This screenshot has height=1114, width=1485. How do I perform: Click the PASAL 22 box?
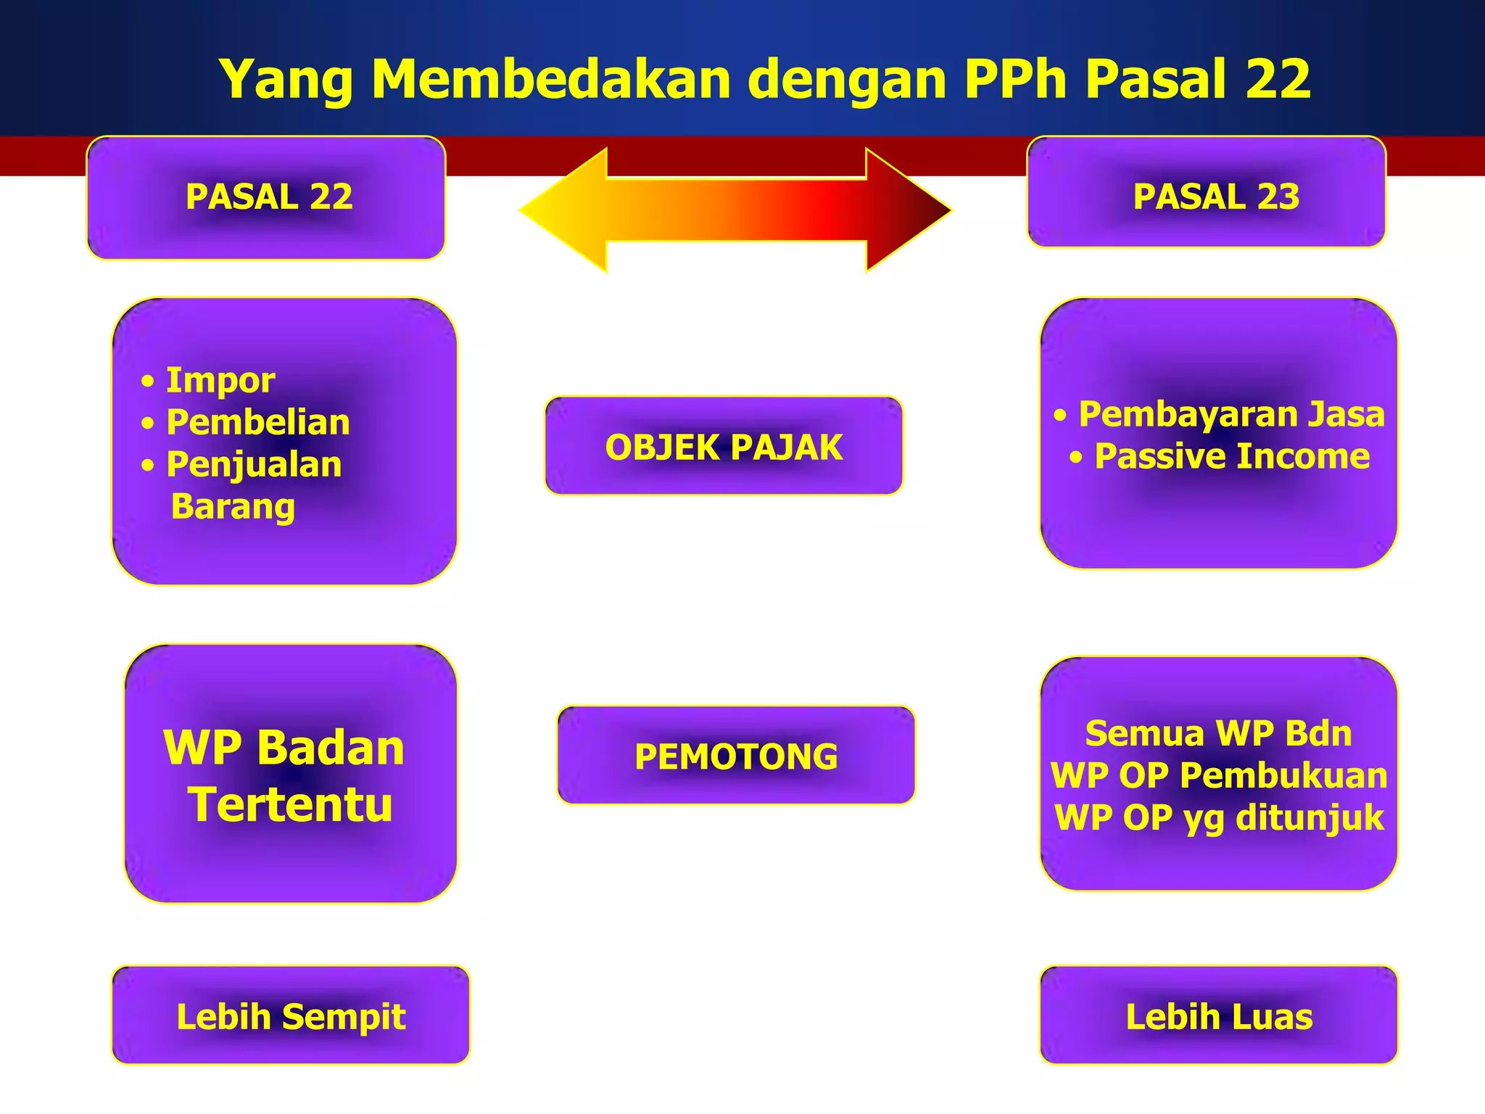point(266,197)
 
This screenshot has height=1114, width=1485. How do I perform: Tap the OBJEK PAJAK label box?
point(724,447)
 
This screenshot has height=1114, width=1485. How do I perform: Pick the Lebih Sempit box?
point(291,1016)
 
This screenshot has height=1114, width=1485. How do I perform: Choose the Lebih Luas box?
point(1219,1016)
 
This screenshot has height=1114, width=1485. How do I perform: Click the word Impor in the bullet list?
point(220,380)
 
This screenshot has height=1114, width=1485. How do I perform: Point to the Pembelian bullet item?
point(257,422)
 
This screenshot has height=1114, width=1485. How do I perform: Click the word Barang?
point(233,506)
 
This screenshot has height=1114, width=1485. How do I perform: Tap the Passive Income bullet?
point(1231,456)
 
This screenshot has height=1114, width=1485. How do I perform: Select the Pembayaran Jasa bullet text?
point(1231,414)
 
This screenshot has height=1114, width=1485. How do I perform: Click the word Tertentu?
point(291,804)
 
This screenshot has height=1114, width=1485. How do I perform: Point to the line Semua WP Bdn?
point(1218,733)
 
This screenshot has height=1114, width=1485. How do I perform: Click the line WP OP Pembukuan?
point(1218,775)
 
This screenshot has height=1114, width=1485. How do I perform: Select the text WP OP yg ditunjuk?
point(1218,817)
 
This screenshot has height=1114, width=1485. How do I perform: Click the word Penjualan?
point(254,464)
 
